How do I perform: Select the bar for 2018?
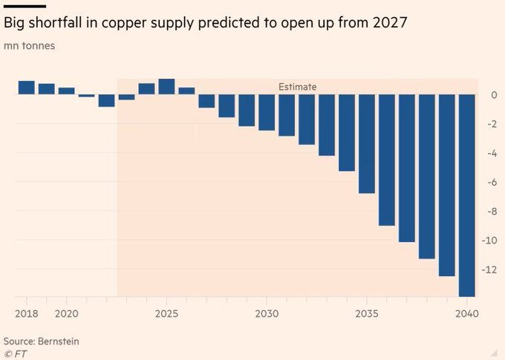pos(27,88)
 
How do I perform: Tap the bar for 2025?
pos(166,87)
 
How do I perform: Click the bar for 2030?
pos(267,112)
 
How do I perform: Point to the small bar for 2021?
pos(86,96)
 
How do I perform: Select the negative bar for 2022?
pos(106,100)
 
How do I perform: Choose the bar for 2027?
pos(206,101)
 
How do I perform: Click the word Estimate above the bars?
pos(297,87)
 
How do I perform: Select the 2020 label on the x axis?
pos(67,314)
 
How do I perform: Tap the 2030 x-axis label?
pos(267,314)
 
